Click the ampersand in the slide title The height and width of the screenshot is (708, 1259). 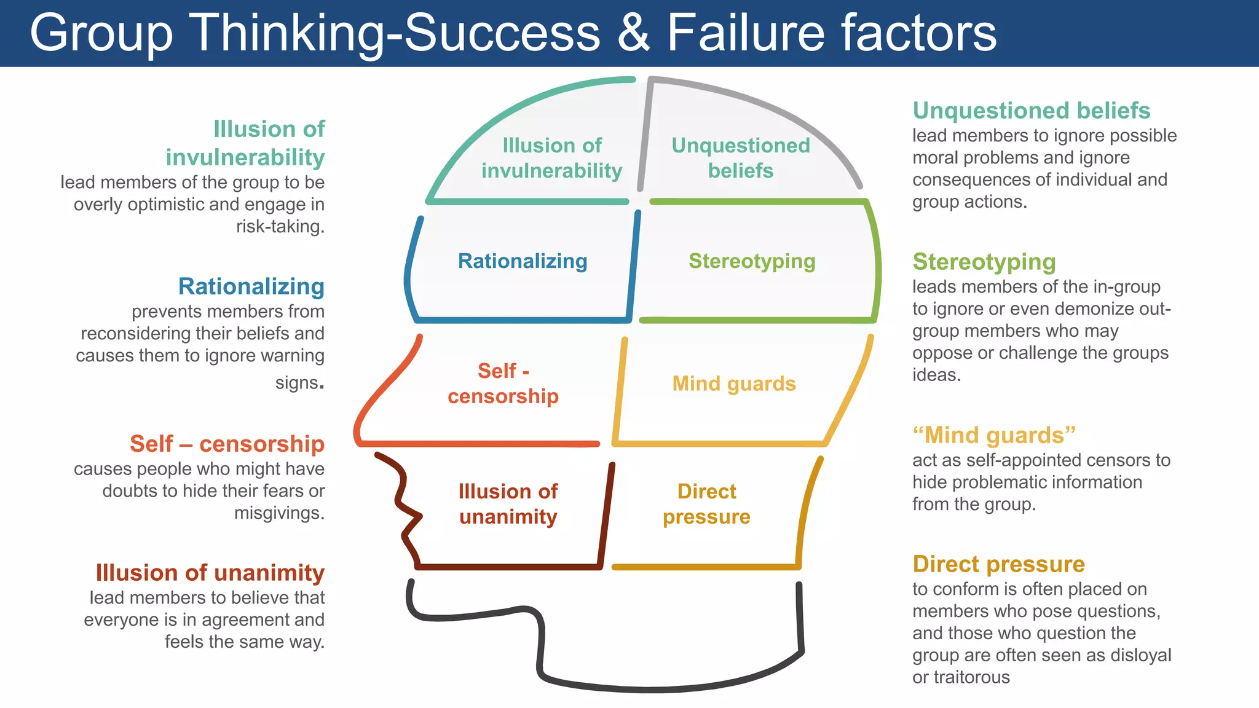633,33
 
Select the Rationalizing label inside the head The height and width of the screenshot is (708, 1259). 523,261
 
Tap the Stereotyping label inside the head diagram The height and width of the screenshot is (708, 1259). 752,261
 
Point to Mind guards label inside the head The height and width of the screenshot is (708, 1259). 734,383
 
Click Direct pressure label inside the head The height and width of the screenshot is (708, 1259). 706,504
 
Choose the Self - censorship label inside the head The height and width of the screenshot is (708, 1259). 503,383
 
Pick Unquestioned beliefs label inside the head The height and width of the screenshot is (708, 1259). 740,158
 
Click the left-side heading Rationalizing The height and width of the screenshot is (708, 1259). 251,286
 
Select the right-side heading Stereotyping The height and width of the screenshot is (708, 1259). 984,262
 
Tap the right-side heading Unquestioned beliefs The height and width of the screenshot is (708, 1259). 1031,111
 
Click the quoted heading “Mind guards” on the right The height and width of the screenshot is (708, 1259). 993,435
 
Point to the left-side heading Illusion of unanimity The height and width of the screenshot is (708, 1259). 210,573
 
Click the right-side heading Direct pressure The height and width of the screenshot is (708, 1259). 998,564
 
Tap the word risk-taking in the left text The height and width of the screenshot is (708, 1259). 280,227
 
